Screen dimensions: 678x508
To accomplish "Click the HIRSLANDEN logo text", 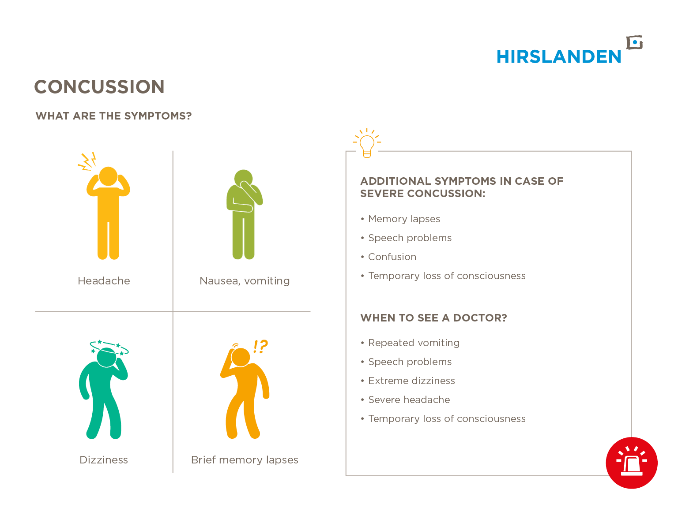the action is [558, 57].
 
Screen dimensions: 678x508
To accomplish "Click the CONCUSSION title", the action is [99, 87].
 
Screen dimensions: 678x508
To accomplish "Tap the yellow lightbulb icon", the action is [367, 143].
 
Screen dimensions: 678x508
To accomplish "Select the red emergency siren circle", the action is [631, 463].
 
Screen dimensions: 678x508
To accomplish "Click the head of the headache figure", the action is [108, 176].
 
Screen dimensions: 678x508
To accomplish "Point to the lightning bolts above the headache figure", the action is [87, 161].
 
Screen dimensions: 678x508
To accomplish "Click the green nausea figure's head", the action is [243, 178].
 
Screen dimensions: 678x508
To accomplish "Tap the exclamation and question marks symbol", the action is [260, 346].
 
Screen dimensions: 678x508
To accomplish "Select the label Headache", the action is [104, 281].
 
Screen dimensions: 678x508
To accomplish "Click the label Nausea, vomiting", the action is [245, 281].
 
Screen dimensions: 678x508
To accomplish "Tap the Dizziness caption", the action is [103, 460].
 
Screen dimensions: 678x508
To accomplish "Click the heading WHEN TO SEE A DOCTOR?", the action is [433, 317].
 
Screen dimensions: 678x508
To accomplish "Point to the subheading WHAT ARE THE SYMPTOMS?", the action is [114, 116].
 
